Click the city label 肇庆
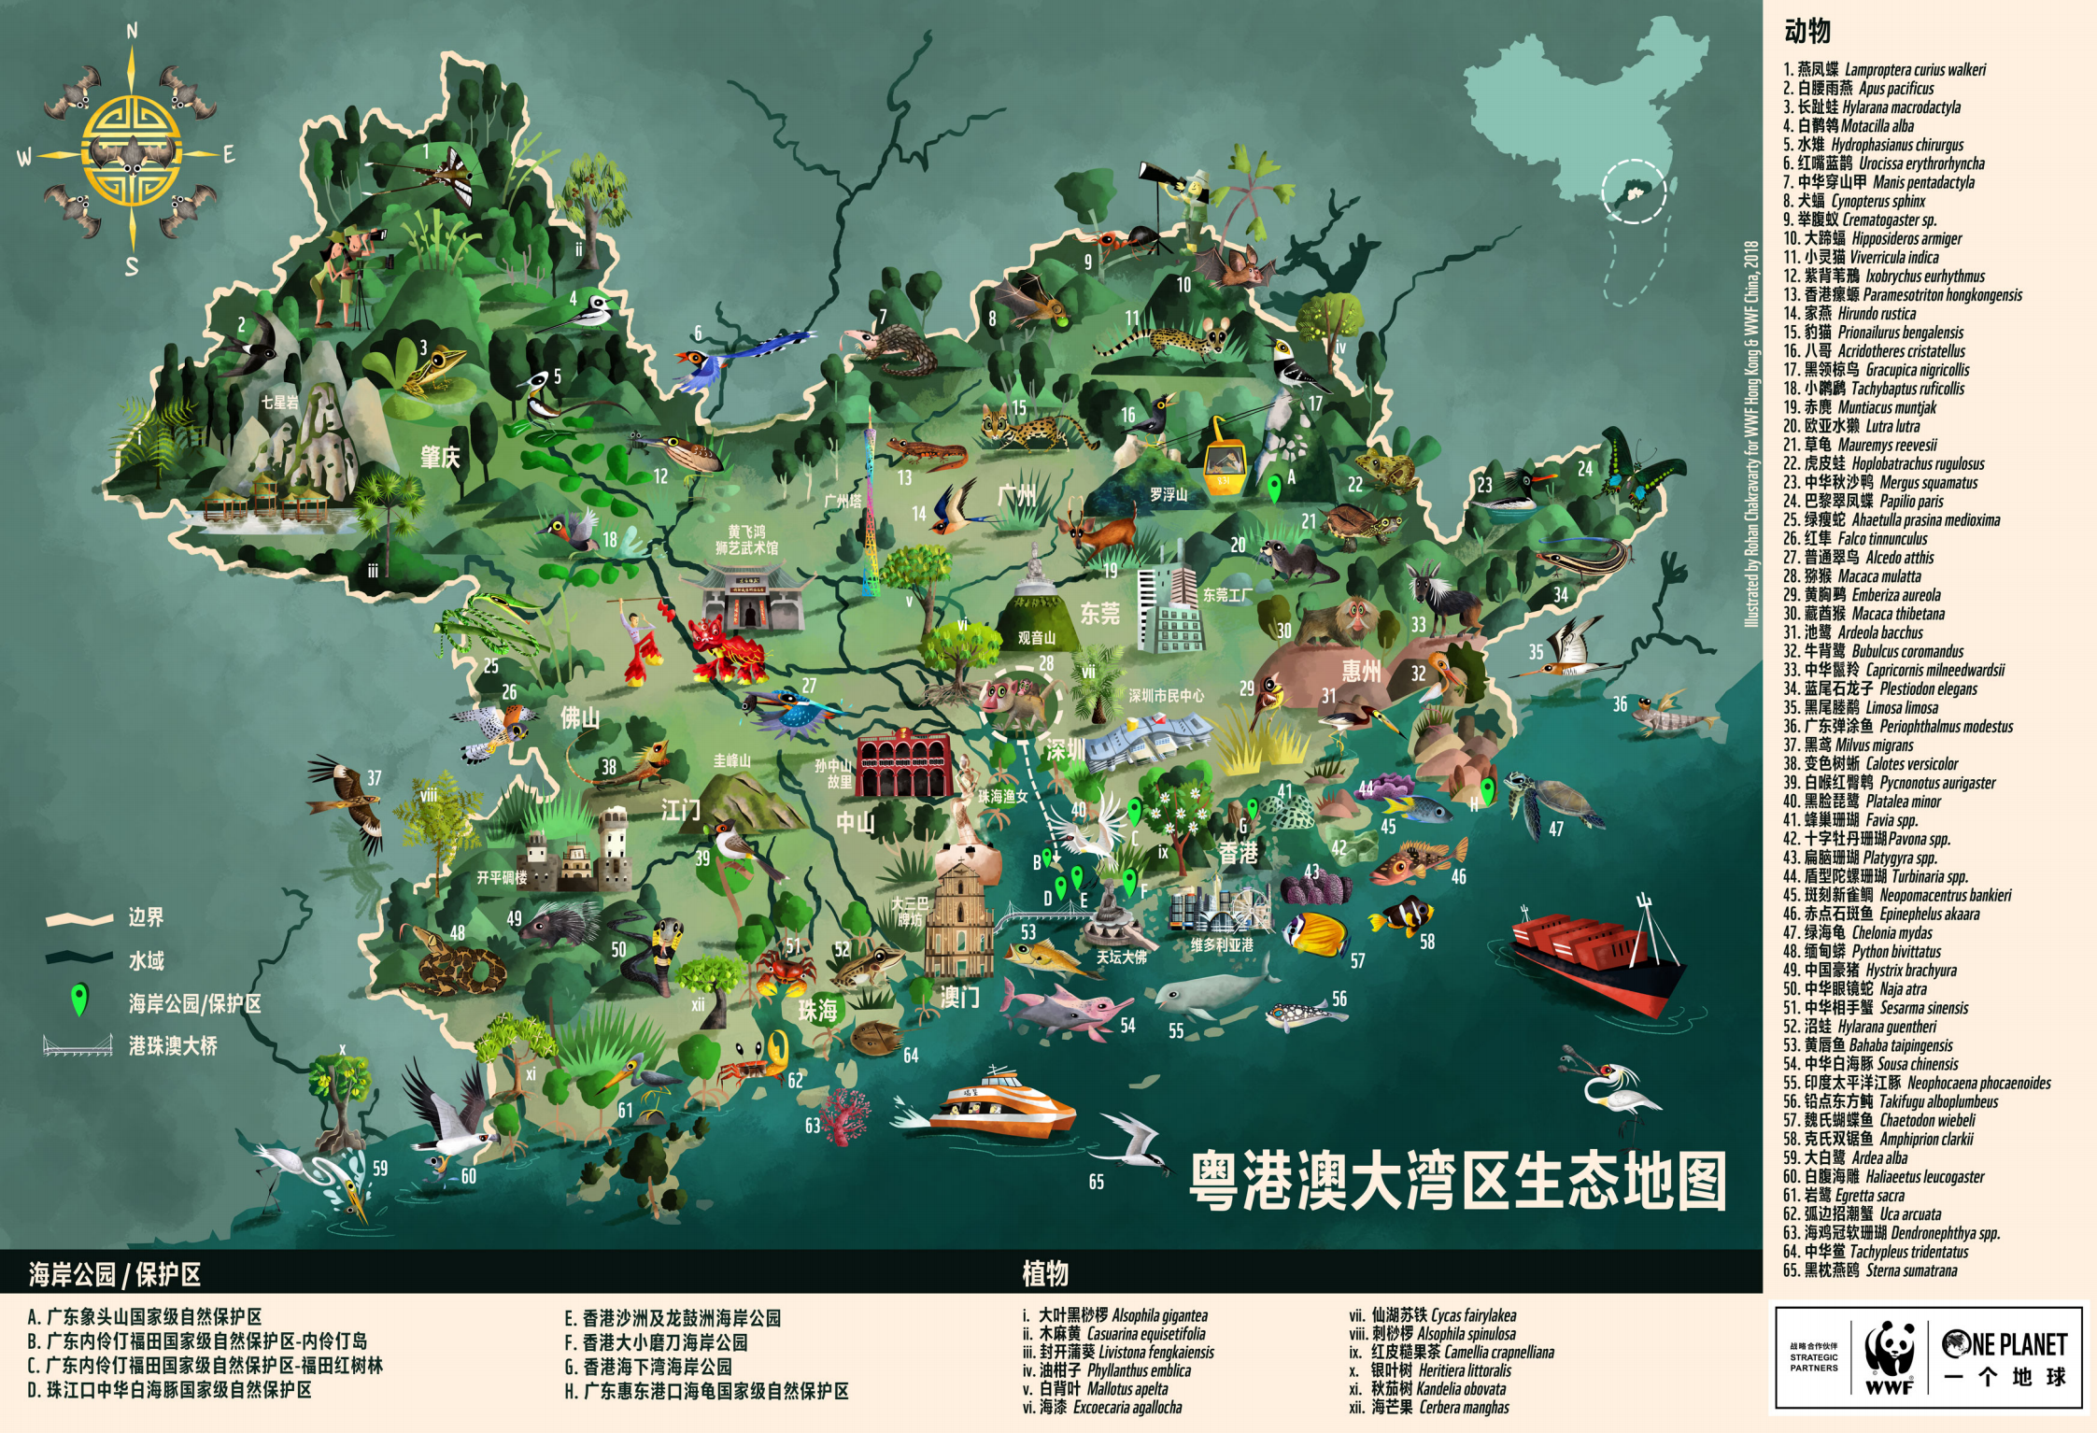coord(440,457)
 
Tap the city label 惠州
coord(1361,671)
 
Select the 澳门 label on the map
coord(959,997)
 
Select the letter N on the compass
coord(132,32)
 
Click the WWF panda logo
coord(1889,1355)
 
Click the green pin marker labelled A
coord(1273,488)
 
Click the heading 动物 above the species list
coord(1807,32)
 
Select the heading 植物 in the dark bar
coord(1044,1272)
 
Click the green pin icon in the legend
coord(80,1000)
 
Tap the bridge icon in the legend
coord(78,1045)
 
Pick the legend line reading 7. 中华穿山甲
coord(1877,182)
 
